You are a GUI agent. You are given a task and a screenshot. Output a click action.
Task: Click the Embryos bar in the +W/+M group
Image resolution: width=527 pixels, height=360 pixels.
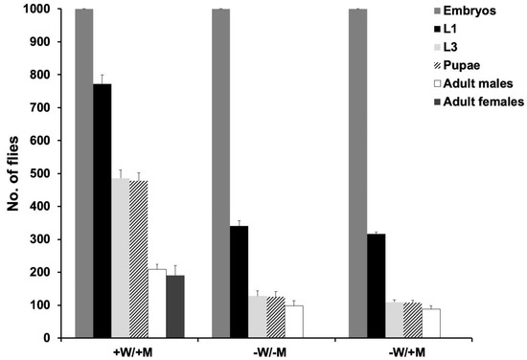pos(83,173)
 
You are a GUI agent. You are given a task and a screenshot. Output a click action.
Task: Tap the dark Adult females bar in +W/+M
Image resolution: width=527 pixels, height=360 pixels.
pos(174,306)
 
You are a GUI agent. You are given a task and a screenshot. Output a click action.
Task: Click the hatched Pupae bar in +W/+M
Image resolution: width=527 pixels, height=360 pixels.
pos(138,259)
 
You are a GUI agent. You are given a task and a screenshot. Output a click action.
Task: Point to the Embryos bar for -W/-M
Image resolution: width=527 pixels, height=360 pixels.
pos(220,173)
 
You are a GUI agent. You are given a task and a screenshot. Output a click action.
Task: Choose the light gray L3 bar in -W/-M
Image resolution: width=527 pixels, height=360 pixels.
pos(257,317)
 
